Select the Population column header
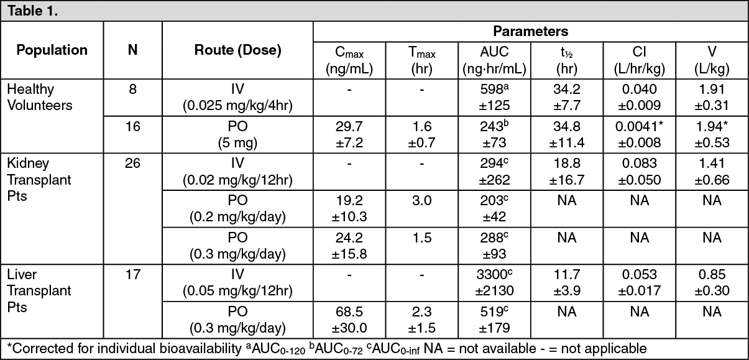pyautogui.click(x=52, y=50)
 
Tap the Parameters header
pyautogui.click(x=530, y=31)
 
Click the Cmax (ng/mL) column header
pyautogui.click(x=349, y=60)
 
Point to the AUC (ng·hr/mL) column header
pyautogui.click(x=494, y=60)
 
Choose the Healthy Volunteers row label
pyautogui.click(x=40, y=98)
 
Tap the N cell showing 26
pyautogui.click(x=132, y=164)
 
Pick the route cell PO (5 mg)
pyautogui.click(x=238, y=134)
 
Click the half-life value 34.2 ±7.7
pyautogui.click(x=566, y=98)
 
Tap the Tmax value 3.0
pyautogui.click(x=421, y=201)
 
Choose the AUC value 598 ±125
pyautogui.click(x=494, y=98)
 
